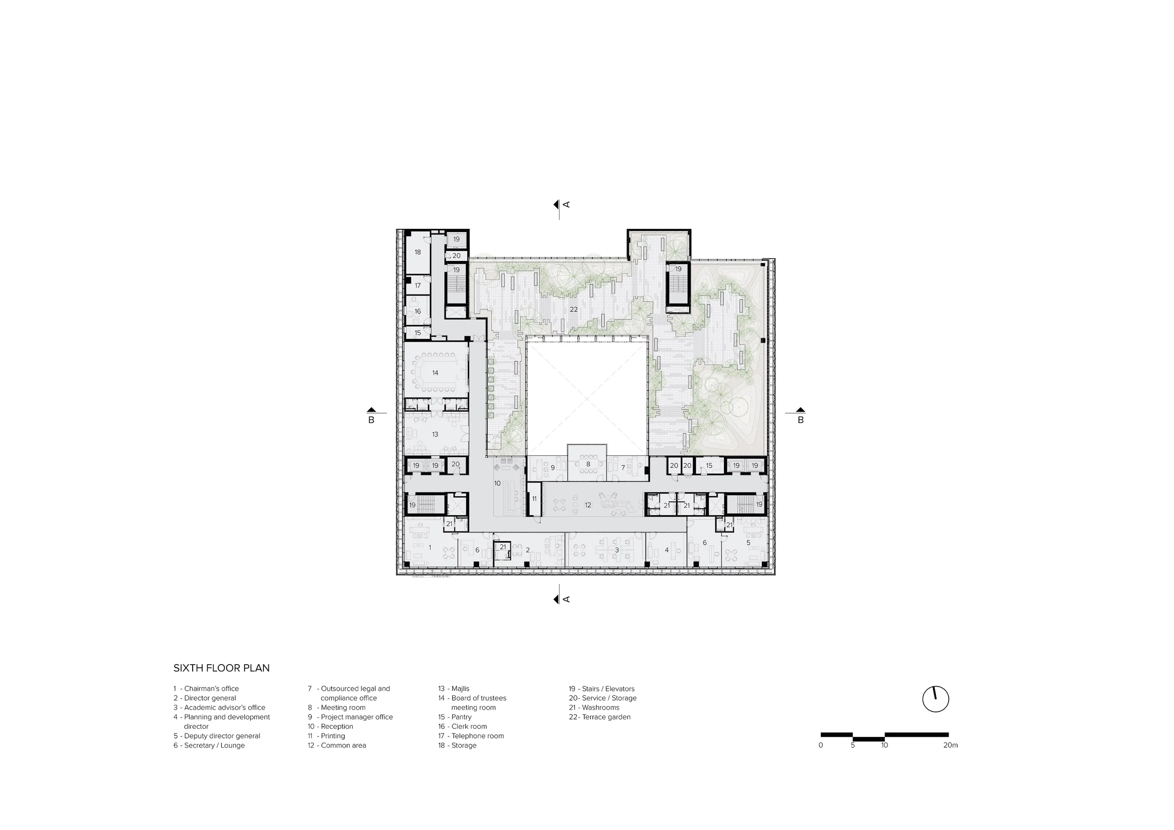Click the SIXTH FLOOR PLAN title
coord(221,668)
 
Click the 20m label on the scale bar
coord(950,745)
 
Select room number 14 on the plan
coord(435,373)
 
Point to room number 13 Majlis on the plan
coord(435,434)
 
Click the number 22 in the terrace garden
coord(574,309)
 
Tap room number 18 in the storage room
coord(418,252)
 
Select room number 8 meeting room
coord(588,464)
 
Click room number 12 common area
coord(588,505)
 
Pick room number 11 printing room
coord(534,499)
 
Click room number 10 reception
coord(497,483)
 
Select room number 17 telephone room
coord(418,285)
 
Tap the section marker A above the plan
coord(566,205)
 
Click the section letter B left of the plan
coord(371,420)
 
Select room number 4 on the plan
coord(667,550)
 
